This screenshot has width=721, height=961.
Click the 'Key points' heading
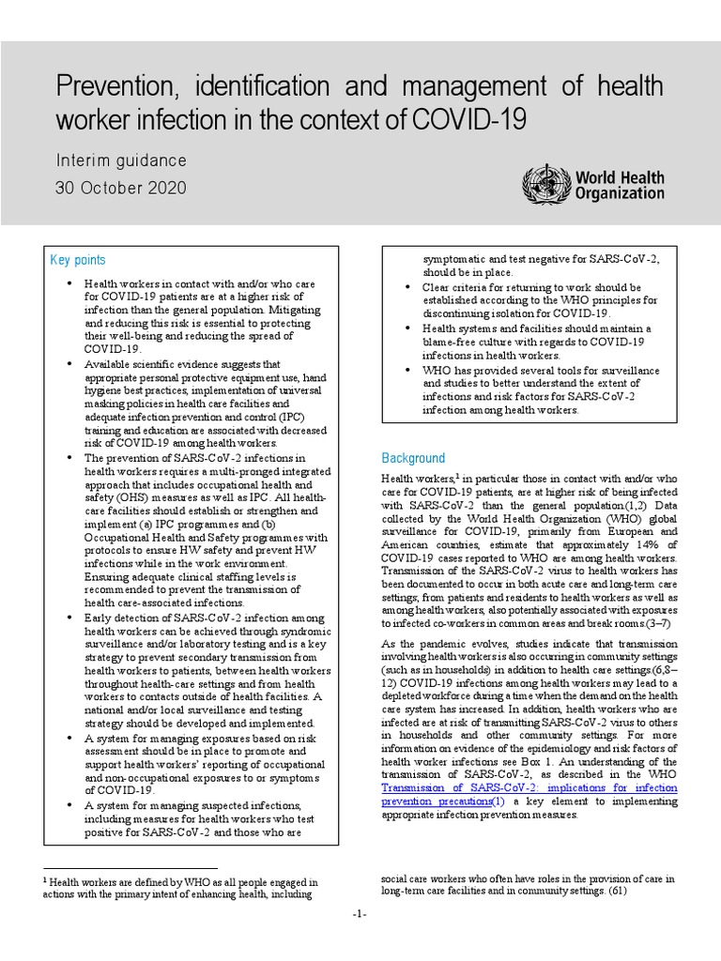click(77, 260)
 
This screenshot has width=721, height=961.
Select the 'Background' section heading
click(412, 458)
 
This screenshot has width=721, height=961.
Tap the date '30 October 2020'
click(120, 188)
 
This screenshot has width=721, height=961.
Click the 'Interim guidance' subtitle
click(120, 160)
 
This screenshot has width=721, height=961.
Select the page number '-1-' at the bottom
click(360, 915)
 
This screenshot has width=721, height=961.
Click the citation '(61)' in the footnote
click(618, 890)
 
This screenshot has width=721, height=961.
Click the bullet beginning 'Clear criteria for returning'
click(531, 287)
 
